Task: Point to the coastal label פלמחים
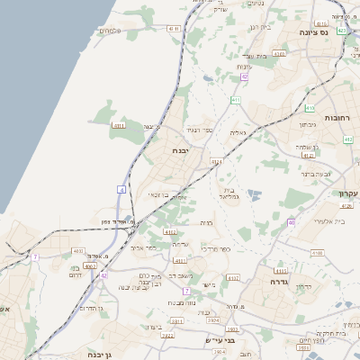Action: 109,31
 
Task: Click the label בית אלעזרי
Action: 310,220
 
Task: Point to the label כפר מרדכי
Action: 217,248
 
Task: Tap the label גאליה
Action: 238,132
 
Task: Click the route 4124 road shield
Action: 216,162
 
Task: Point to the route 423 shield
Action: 342,31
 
